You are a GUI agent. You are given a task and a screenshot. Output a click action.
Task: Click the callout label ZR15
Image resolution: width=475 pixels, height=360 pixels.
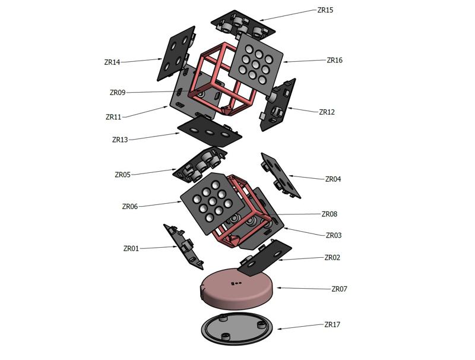325,10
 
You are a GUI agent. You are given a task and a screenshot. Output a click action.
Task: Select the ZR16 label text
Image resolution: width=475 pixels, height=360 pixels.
334,60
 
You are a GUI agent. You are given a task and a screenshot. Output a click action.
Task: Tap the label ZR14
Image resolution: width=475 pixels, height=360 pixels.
112,62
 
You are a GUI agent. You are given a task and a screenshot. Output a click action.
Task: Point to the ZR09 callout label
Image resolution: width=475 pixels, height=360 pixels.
118,93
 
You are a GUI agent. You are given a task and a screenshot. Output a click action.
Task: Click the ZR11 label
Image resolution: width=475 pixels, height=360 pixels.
113,117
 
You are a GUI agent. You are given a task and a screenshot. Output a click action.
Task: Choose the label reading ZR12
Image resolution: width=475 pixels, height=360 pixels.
327,112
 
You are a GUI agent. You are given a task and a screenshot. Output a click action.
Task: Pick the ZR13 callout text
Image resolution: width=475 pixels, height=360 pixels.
120,140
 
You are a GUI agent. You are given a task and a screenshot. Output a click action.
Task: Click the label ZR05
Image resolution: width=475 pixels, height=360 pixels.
122,175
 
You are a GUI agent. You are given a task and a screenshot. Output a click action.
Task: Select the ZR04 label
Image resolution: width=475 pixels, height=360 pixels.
333,179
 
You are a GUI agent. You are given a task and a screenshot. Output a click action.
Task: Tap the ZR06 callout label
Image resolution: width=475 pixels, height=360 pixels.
130,207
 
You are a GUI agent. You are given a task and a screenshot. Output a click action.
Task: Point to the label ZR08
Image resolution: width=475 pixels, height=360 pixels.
329,214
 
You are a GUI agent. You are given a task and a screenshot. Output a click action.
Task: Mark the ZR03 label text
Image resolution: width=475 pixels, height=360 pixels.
334,235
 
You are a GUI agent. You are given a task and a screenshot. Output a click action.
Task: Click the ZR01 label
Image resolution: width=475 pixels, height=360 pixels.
131,248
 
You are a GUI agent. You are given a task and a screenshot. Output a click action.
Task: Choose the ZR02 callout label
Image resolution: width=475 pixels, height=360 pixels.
332,258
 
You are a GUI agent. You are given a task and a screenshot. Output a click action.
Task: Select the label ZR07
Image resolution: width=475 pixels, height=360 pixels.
339,289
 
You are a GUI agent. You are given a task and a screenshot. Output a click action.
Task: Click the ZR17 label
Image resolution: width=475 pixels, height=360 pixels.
332,325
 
